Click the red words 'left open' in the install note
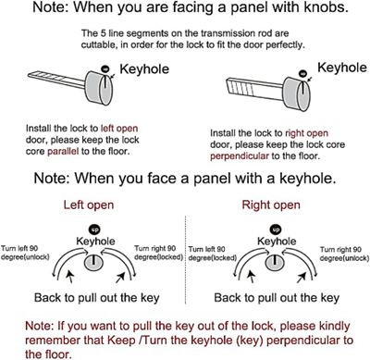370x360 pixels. tap(119, 128)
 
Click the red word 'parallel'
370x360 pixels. tap(63, 151)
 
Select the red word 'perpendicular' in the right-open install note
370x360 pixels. tap(240, 156)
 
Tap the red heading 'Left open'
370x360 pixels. tap(89, 205)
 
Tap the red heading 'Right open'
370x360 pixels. tap(271, 205)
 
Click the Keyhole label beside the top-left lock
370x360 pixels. tap(144, 68)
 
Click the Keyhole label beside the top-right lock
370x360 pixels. tap(342, 68)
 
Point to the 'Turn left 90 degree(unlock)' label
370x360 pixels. tap(25, 253)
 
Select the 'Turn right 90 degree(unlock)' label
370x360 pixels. tap(344, 254)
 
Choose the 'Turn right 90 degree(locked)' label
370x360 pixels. tap(158, 253)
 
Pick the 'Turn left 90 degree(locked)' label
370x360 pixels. tap(212, 254)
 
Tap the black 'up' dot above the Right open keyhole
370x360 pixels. tap(276, 230)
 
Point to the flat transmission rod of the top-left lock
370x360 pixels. tap(56, 78)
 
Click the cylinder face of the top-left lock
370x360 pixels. tap(106, 88)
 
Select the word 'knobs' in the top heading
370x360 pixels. tap(331, 7)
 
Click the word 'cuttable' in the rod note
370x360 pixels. tap(99, 45)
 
